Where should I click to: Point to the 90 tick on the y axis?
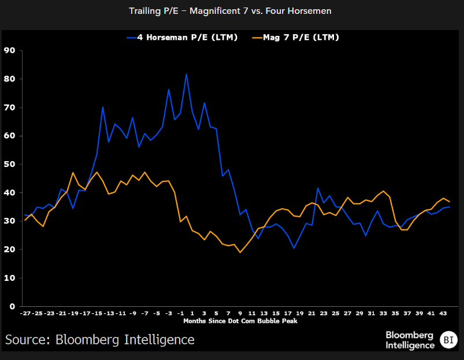(x=9, y=50)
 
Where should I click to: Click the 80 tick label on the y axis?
(x=9, y=79)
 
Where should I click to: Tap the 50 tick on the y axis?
(x=9, y=164)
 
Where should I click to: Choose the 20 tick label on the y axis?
(x=9, y=250)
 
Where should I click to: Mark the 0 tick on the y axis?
(x=11, y=306)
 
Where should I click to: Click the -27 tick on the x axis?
(x=25, y=313)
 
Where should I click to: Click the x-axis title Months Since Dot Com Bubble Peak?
(x=240, y=321)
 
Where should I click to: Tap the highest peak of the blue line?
(x=186, y=74)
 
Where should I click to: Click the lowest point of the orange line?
(x=240, y=252)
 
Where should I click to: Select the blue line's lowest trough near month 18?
(x=294, y=248)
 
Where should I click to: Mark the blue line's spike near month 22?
(x=318, y=188)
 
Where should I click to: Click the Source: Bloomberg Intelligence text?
(x=100, y=339)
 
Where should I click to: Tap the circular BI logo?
(x=448, y=339)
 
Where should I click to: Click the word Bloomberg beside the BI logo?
(x=410, y=335)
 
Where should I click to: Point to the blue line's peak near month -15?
(x=102, y=107)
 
